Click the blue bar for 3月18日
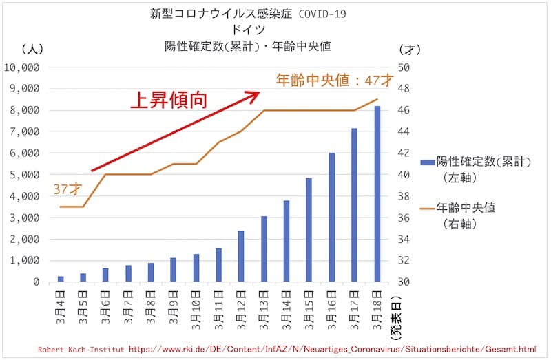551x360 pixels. click(x=377, y=194)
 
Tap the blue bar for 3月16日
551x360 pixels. click(x=331, y=218)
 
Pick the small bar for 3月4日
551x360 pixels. click(x=61, y=279)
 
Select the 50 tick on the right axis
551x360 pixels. click(x=404, y=67)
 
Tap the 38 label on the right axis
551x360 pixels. click(x=404, y=196)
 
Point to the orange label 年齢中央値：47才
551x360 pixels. click(x=334, y=80)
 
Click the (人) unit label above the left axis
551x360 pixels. click(x=32, y=49)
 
